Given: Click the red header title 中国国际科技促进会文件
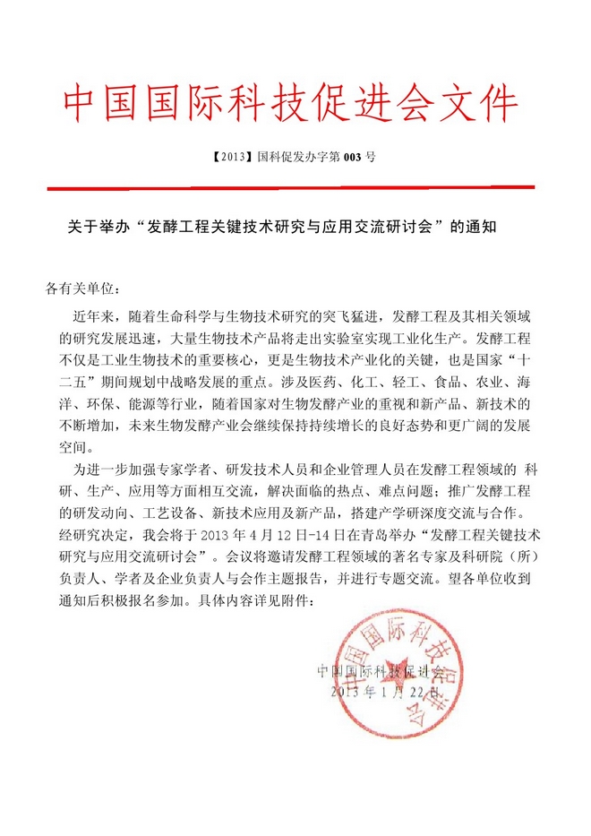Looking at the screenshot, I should [291, 106].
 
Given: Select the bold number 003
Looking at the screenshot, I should [355, 156].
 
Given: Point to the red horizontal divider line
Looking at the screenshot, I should [290, 187].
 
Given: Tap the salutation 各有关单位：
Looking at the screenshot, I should [81, 289].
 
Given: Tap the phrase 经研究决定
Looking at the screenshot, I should [90, 535].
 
